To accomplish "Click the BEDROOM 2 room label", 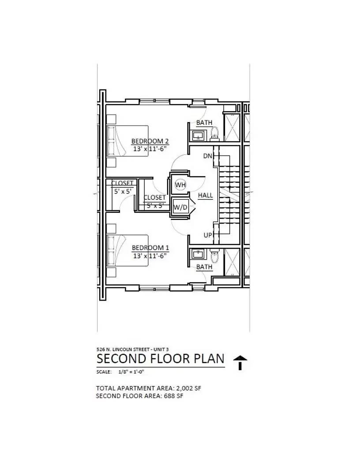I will pyautogui.click(x=150, y=141).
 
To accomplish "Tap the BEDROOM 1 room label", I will pyautogui.click(x=150, y=248).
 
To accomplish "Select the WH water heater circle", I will pyautogui.click(x=180, y=185).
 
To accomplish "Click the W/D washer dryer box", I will pyautogui.click(x=180, y=207).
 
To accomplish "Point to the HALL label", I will pyautogui.click(x=205, y=195).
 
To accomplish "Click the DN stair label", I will pyautogui.click(x=208, y=156).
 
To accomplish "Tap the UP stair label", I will pyautogui.click(x=208, y=235).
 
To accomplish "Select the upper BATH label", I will pyautogui.click(x=204, y=123).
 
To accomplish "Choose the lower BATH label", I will pyautogui.click(x=204, y=267).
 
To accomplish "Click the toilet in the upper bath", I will pyautogui.click(x=215, y=133).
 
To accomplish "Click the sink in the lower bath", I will pyautogui.click(x=198, y=254).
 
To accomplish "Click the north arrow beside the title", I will pyautogui.click(x=240, y=362).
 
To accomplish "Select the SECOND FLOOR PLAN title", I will pyautogui.click(x=161, y=359).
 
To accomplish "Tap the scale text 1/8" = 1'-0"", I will pyautogui.click(x=131, y=372).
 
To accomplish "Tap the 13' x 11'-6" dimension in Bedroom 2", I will pyautogui.click(x=150, y=149).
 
